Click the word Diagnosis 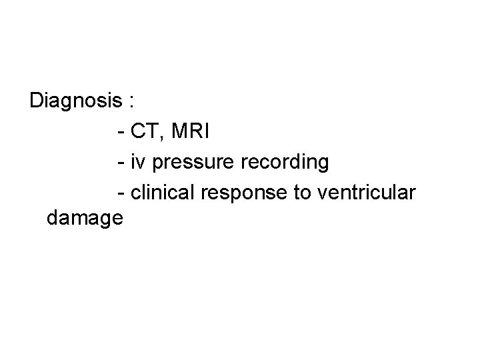pos(76,101)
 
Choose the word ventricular pos(367,192)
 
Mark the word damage pos(85,219)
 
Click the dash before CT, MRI pos(121,132)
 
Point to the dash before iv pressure pos(121,163)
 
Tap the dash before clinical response pos(121,193)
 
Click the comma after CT pos(160,137)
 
